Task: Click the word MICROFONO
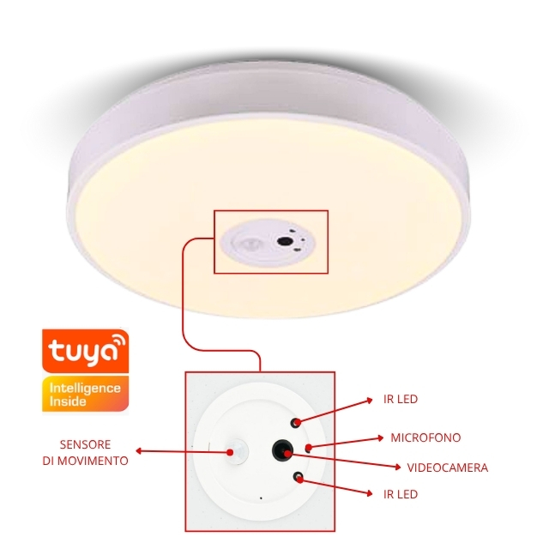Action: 425,437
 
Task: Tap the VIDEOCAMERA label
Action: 446,468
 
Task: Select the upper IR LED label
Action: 401,400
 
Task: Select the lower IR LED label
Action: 401,494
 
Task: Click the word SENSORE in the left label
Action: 86,445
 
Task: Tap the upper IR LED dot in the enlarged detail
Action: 297,422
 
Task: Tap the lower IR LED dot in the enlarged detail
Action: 298,476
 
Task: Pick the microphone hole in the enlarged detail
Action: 308,448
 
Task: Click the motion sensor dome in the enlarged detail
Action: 235,449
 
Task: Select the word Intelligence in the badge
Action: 85,389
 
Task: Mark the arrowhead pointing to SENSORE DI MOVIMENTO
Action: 140,450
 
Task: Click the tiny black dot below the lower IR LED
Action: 261,498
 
